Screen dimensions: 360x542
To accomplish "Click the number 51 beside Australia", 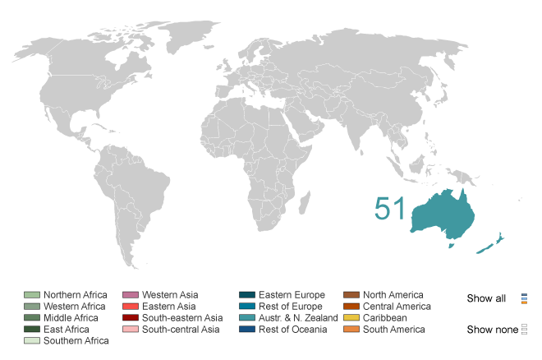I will click(390, 209).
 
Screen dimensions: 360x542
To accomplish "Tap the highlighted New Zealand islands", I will click(493, 244).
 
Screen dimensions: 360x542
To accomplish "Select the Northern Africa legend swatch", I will click(32, 295).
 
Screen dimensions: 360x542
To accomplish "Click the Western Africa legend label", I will click(75, 307).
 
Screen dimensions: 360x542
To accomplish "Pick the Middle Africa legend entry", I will click(71, 318).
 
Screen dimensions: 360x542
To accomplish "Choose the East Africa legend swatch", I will click(32, 330).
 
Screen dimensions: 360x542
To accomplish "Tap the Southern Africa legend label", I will click(76, 341).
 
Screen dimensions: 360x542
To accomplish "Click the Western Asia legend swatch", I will click(130, 295).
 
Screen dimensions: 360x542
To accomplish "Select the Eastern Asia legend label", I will click(168, 307).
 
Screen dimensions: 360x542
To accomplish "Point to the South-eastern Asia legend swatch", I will click(130, 318).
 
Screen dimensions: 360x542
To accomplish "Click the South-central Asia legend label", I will click(180, 330).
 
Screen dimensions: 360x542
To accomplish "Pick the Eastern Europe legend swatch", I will click(246, 295).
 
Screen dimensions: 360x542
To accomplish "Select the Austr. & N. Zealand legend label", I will click(299, 318).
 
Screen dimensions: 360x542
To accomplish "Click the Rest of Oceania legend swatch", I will click(246, 330).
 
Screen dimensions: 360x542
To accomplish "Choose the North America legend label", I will click(393, 295).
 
